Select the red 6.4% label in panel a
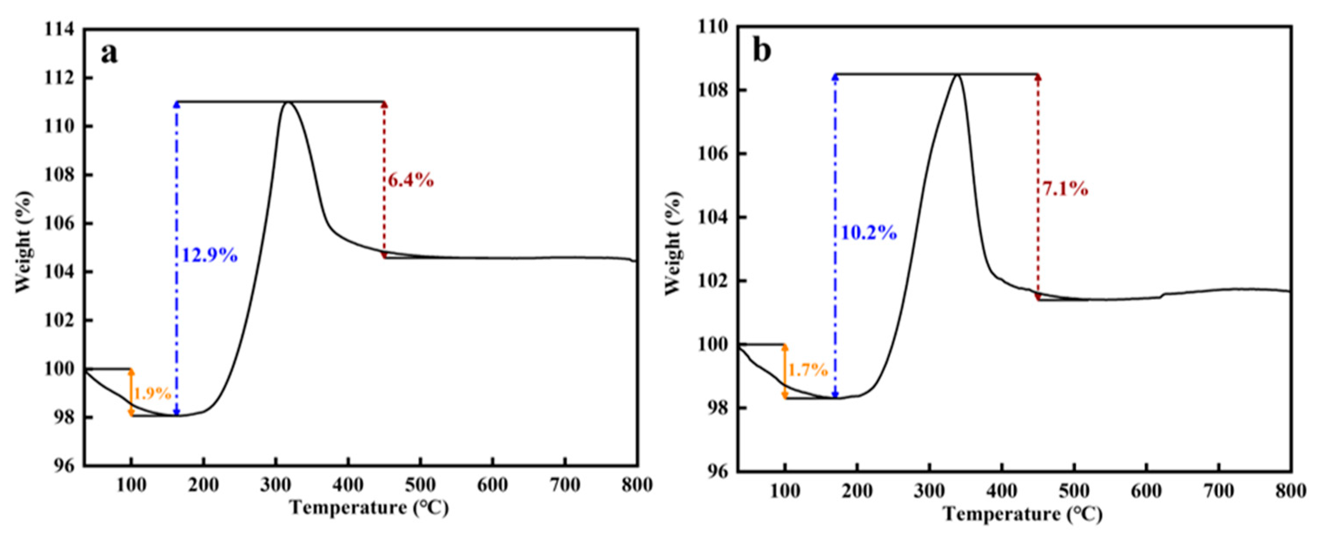click(x=410, y=181)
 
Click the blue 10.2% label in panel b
click(x=869, y=233)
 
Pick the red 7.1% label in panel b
click(x=1065, y=189)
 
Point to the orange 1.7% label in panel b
click(x=808, y=370)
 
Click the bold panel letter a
click(x=109, y=54)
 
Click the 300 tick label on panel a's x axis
click(x=276, y=485)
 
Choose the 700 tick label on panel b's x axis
click(x=1219, y=491)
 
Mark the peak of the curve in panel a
click(x=287, y=102)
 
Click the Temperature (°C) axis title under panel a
click(x=369, y=508)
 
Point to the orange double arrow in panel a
click(x=131, y=392)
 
